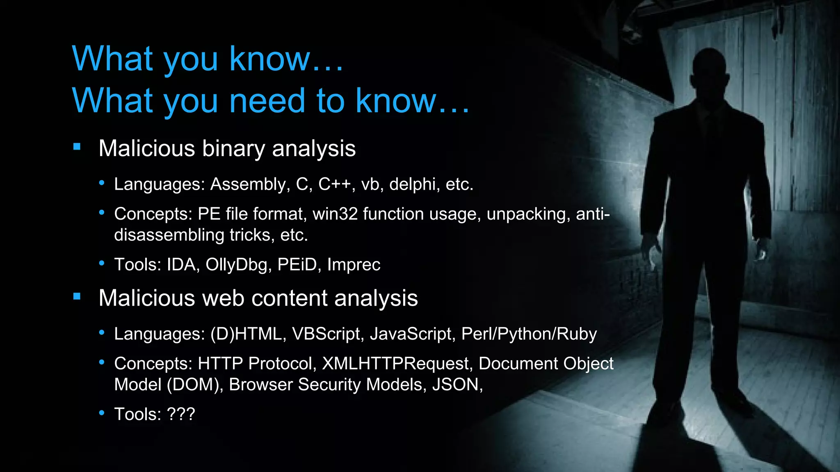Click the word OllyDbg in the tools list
pos(236,265)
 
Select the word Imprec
pos(354,265)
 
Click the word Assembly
pos(247,185)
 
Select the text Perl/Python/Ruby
pos(529,334)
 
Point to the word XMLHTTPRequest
pos(396,364)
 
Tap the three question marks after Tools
pos(181,414)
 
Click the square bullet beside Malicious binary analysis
pos(77,147)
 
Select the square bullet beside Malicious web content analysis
pos(77,296)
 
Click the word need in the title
pos(267,101)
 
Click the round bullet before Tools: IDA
pos(102,263)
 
